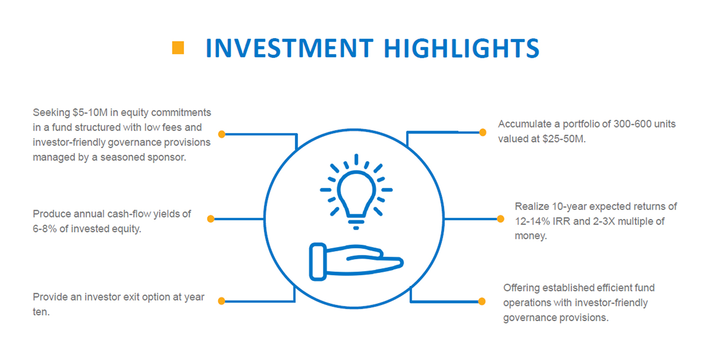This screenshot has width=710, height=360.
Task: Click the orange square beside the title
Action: click(x=178, y=48)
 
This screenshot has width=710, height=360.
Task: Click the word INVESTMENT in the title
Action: click(x=290, y=48)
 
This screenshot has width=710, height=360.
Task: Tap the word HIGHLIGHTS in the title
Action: click(x=461, y=48)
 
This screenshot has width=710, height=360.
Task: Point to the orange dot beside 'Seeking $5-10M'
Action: click(x=222, y=134)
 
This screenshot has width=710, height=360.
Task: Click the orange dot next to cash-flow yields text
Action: click(x=211, y=219)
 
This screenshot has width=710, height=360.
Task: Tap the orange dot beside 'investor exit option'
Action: click(x=222, y=301)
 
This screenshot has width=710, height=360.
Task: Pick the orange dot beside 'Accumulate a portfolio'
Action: click(x=483, y=132)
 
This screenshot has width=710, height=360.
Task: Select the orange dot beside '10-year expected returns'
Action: click(x=500, y=219)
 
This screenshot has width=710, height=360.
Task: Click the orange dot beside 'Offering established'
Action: click(x=482, y=301)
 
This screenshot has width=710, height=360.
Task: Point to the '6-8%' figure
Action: click(x=44, y=228)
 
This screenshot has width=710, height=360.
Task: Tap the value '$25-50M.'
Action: click(x=564, y=139)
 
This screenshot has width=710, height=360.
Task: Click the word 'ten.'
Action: click(x=41, y=312)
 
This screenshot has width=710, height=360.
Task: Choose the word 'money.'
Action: click(x=531, y=236)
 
